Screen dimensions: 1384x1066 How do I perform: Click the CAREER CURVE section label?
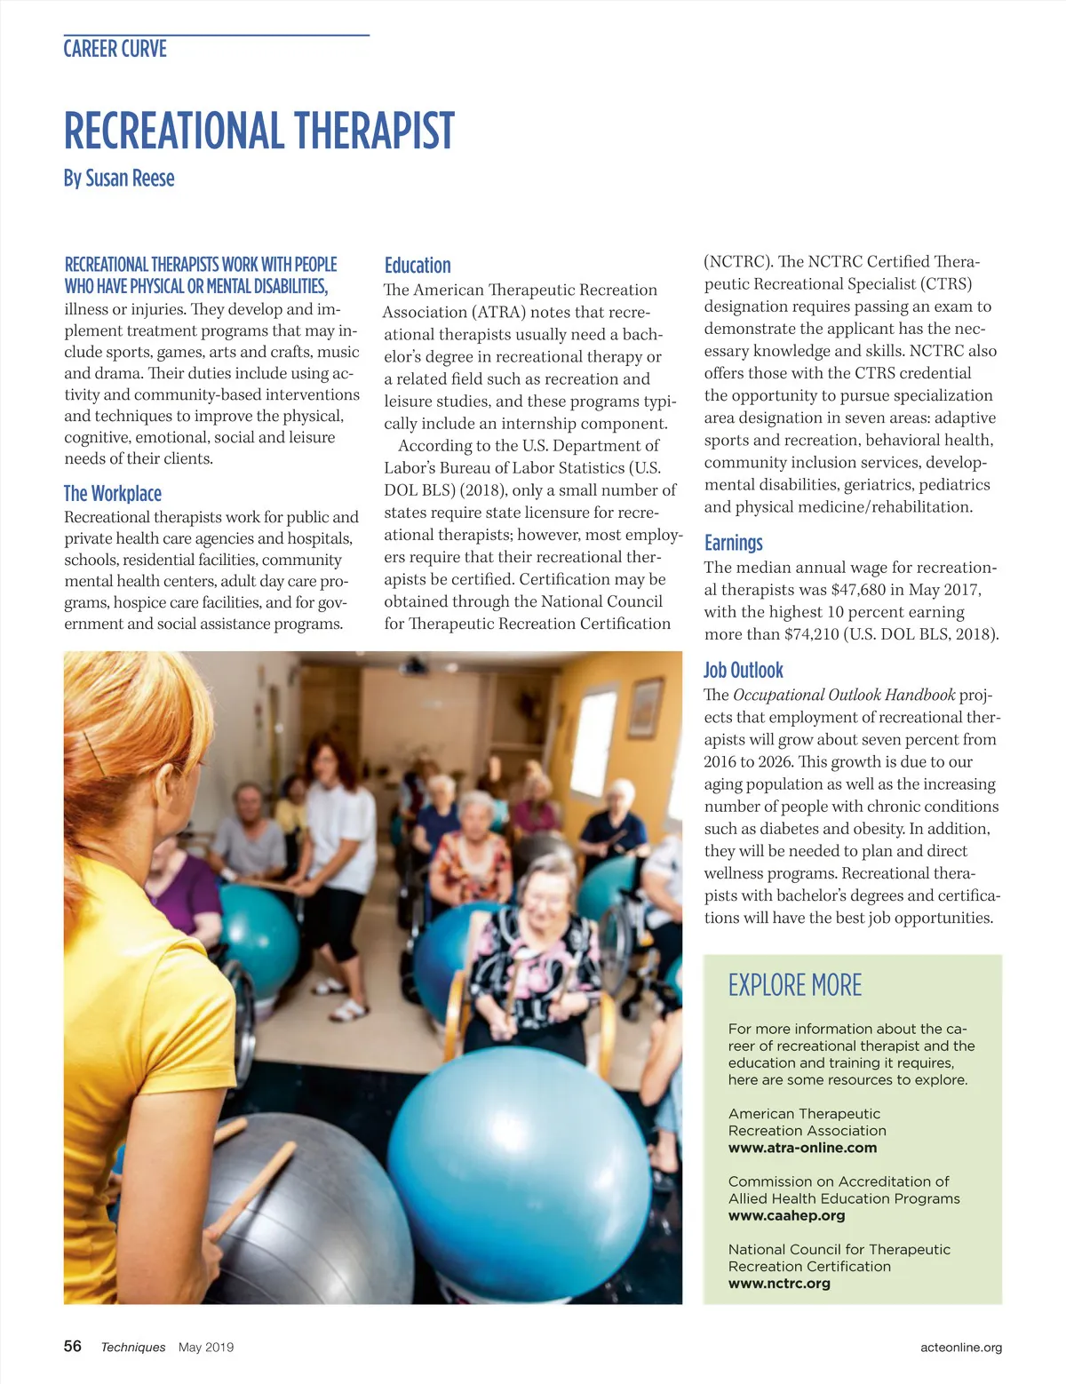click(x=115, y=49)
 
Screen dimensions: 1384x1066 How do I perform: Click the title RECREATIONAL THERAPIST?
click(x=259, y=131)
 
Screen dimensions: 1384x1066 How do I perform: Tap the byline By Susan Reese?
click(x=118, y=179)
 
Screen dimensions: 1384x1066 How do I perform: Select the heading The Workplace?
click(x=112, y=494)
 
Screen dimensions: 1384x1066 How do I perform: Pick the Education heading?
click(x=417, y=266)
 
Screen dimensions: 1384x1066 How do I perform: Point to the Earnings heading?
click(x=733, y=543)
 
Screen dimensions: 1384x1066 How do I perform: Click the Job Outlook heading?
click(x=743, y=671)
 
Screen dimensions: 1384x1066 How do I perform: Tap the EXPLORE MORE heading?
click(x=794, y=985)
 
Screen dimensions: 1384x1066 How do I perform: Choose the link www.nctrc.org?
click(x=779, y=1284)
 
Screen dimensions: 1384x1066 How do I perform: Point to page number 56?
click(x=73, y=1346)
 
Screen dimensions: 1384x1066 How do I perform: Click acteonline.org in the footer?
click(x=961, y=1348)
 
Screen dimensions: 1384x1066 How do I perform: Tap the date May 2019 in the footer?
click(x=206, y=1348)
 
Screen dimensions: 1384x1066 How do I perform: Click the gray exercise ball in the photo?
click(x=302, y=1208)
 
